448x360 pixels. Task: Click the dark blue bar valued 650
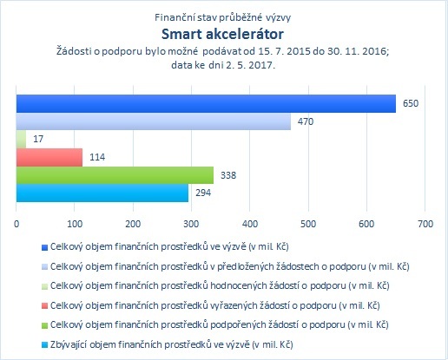click(x=206, y=103)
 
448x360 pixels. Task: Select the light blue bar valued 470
click(x=154, y=121)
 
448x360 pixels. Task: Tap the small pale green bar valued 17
click(x=21, y=139)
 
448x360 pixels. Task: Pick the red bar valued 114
click(x=49, y=157)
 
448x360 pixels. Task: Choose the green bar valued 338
click(x=115, y=175)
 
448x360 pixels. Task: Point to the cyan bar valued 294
click(x=102, y=193)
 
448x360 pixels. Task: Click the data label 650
click(x=411, y=103)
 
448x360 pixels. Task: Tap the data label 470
click(x=306, y=121)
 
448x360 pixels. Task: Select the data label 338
click(x=228, y=175)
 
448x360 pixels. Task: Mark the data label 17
click(x=38, y=139)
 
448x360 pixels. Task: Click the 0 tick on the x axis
click(x=16, y=224)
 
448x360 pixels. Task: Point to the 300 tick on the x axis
click(x=191, y=224)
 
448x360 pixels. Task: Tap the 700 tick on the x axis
click(x=425, y=224)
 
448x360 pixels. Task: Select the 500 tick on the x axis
click(x=308, y=224)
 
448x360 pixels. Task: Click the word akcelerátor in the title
click(x=245, y=34)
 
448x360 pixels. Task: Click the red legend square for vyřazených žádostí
click(x=44, y=305)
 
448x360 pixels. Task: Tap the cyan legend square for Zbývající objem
click(x=44, y=345)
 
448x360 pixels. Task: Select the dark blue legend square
click(x=44, y=247)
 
